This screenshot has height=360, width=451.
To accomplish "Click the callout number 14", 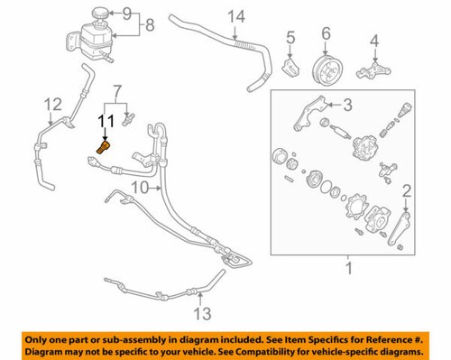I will tap(236, 16).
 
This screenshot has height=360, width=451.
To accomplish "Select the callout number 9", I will tap(126, 14).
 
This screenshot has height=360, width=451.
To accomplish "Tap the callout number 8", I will tap(150, 25).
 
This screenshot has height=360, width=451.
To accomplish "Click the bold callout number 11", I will tap(105, 120).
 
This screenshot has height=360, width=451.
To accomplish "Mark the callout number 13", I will tap(204, 313).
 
